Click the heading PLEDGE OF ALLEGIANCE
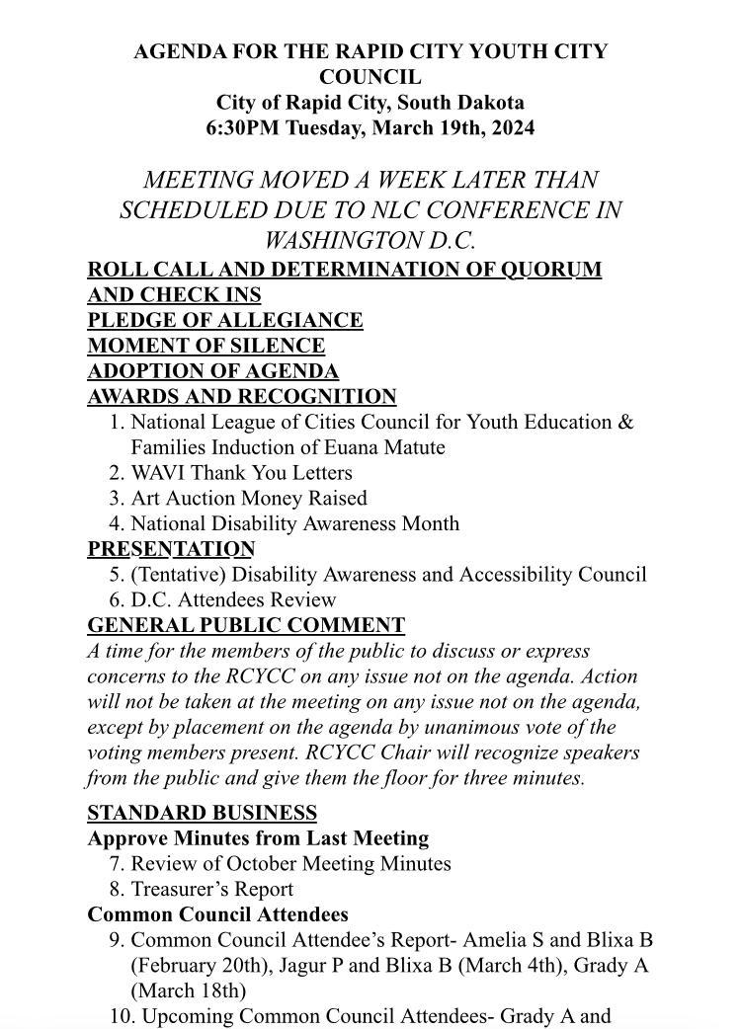tap(225, 320)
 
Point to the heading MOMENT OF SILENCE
tap(206, 346)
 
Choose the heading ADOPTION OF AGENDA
tap(212, 371)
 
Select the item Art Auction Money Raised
tap(248, 499)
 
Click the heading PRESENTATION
tap(171, 549)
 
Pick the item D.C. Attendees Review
tap(233, 600)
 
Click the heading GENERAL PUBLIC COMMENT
tap(246, 625)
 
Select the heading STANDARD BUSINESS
tap(202, 813)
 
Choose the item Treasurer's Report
tap(211, 890)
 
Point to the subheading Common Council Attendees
tap(217, 914)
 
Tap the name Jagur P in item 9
tap(314, 966)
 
